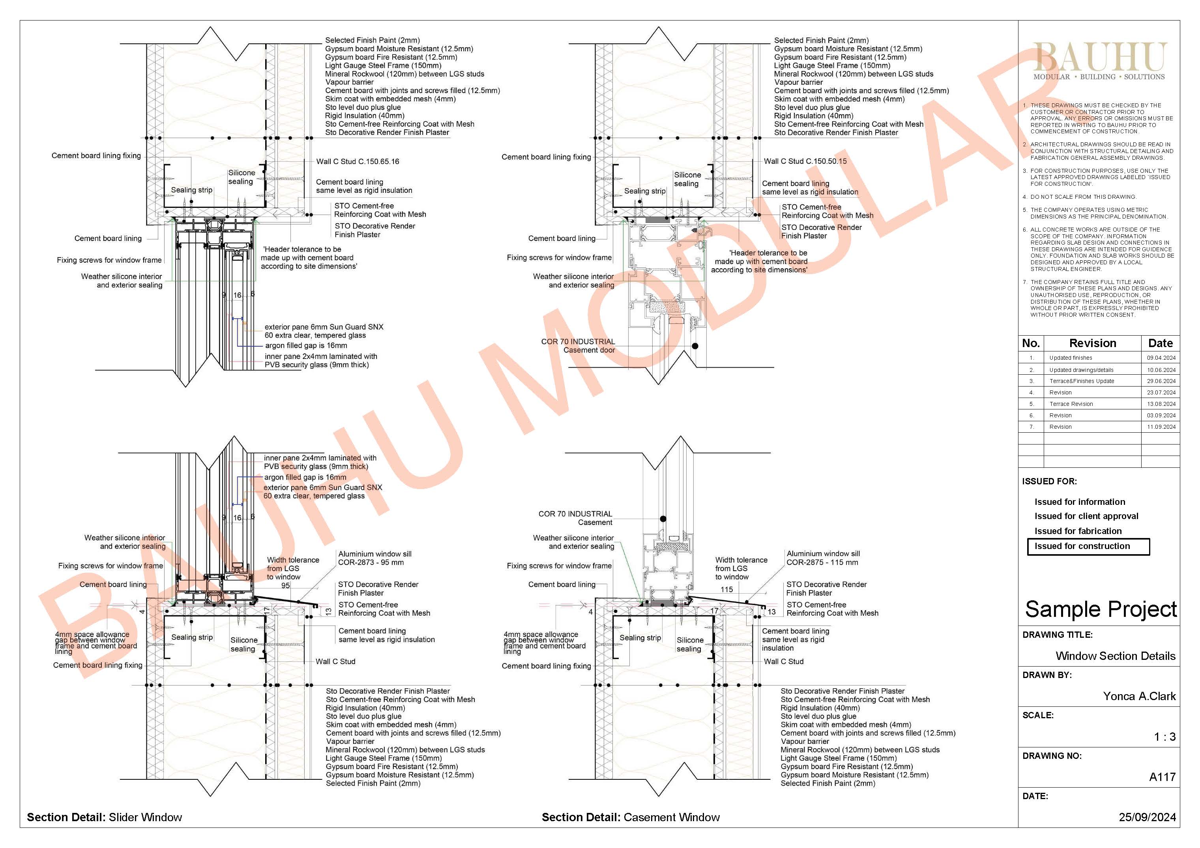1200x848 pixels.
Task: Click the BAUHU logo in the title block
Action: [1100, 61]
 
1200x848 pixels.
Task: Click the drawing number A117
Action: [1163, 777]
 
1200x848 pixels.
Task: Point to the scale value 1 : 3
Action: [1165, 737]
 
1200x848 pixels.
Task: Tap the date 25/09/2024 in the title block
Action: [1147, 817]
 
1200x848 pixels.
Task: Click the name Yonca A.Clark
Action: [1139, 696]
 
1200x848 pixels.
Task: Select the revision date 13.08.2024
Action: [1161, 404]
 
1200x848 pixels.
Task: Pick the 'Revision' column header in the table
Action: [1092, 343]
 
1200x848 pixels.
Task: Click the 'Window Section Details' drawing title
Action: [1115, 656]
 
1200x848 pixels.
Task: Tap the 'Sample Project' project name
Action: [1101, 609]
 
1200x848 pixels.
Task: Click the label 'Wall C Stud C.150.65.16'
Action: [358, 161]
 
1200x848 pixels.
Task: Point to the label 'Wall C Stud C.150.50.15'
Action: [805, 161]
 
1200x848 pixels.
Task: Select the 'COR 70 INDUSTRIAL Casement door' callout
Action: [578, 346]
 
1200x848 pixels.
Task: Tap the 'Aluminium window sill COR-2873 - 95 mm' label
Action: [375, 558]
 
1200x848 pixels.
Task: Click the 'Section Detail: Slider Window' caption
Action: [105, 817]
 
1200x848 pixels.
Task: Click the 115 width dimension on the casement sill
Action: [726, 589]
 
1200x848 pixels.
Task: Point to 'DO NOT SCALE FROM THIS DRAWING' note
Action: [1084, 197]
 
